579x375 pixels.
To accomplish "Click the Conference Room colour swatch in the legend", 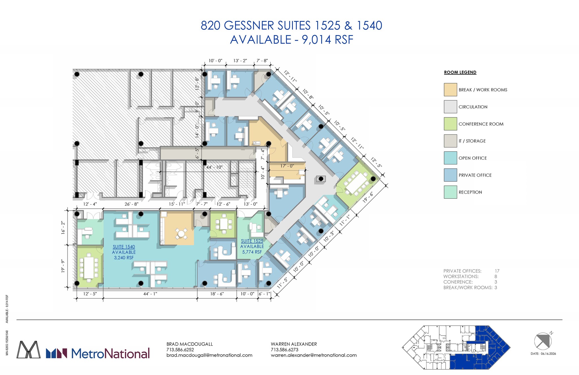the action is (450, 124).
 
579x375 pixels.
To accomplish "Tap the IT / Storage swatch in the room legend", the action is (450, 141).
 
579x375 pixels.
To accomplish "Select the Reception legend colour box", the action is (450, 192).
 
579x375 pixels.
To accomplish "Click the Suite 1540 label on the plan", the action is (124, 247).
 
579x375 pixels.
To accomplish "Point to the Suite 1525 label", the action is (252, 241).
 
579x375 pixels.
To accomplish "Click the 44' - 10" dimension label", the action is (214, 167).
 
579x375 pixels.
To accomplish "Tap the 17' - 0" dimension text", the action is (287, 166).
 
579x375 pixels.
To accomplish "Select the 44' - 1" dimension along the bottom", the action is (150, 294).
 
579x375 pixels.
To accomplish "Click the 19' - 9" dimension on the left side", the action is (63, 266).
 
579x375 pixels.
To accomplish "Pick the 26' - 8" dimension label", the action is (131, 204).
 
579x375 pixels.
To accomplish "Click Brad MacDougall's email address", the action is (209, 355).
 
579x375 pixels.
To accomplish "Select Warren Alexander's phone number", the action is (284, 350).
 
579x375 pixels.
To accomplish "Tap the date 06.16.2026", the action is (548, 353).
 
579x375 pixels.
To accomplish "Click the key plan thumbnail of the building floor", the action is (456, 347).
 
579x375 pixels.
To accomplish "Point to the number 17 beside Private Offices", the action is (497, 271).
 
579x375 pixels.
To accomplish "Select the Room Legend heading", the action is (460, 72).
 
